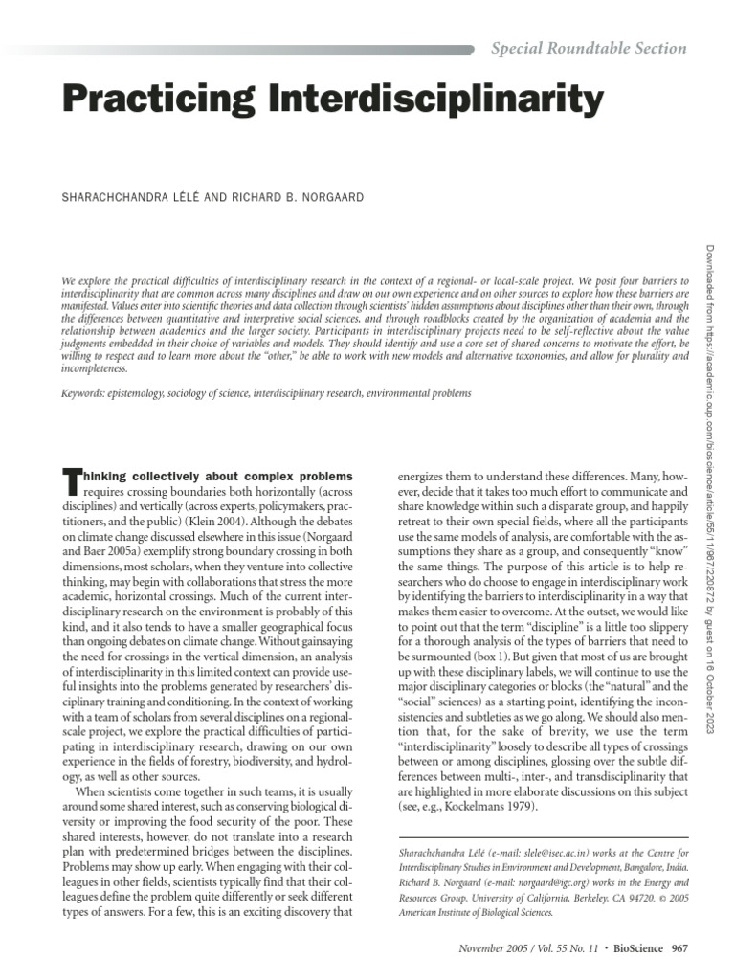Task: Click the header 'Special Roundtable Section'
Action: [589, 48]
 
